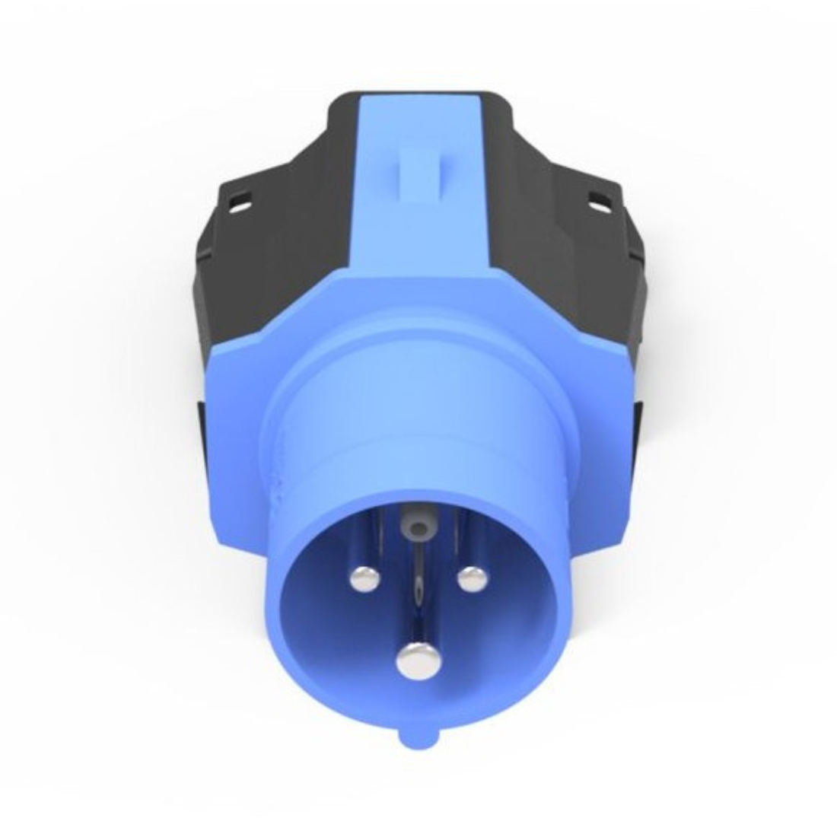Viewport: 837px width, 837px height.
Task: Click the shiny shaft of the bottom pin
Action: point(418,609)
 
